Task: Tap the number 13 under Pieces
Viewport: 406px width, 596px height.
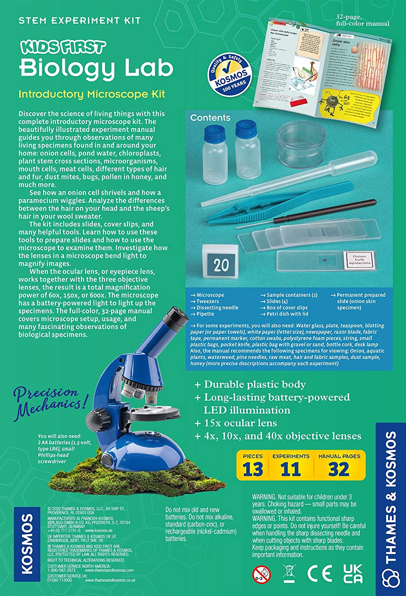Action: [253, 469]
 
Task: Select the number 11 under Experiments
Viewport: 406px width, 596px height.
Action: [291, 469]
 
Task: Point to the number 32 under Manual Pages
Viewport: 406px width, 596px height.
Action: [339, 469]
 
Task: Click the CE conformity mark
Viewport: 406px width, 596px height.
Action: [320, 574]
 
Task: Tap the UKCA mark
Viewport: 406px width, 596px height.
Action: [353, 573]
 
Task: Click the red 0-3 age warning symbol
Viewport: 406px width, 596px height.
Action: [261, 575]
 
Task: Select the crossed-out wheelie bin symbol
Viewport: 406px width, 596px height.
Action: [289, 573]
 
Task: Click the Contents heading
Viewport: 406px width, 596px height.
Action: [210, 118]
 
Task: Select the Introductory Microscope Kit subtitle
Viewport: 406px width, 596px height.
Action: [91, 95]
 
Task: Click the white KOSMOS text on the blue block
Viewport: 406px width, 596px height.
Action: [27, 544]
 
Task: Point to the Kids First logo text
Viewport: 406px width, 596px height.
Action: [63, 47]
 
